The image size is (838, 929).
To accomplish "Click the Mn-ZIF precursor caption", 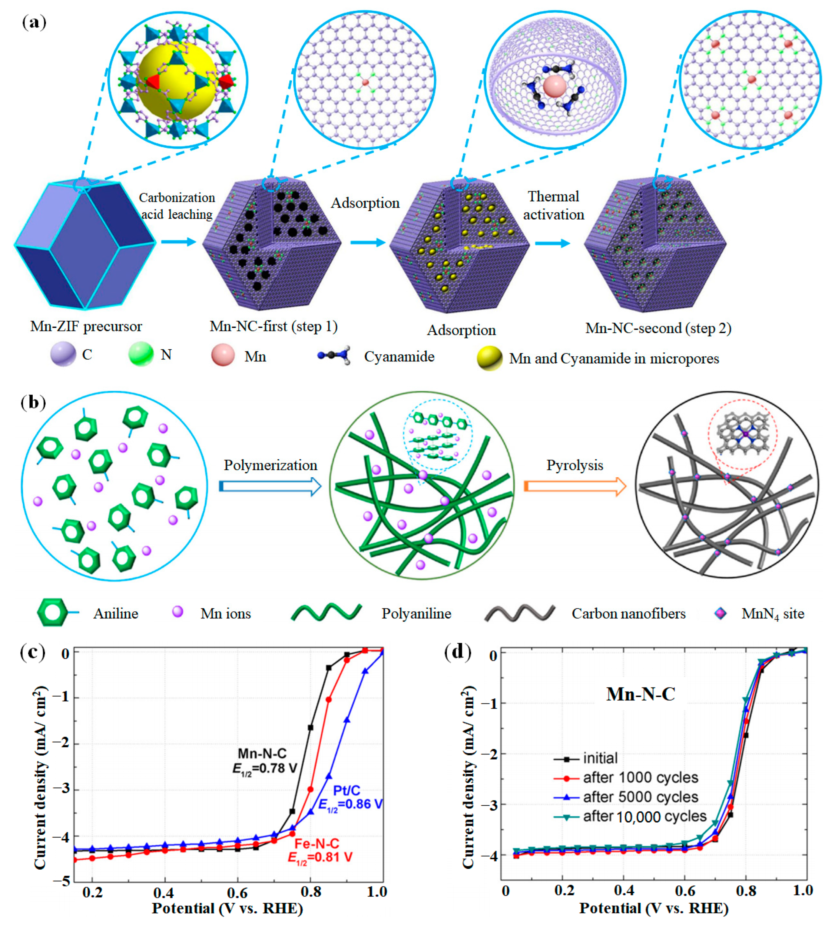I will point(86,326).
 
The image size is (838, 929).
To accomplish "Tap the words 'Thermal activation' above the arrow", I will point(553,205).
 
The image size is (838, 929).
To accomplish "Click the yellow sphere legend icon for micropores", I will point(489,358).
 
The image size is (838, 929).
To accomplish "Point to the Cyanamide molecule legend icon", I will point(334,356).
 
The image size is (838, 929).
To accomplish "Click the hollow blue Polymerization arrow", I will point(270,486).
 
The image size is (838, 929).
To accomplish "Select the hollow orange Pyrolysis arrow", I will point(575,486).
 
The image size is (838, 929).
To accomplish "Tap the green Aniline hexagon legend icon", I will point(51,613).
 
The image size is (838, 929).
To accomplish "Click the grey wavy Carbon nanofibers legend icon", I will point(519,613).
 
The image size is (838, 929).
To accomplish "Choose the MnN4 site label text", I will point(772,614).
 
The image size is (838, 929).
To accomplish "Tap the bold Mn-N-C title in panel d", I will point(640,694).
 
